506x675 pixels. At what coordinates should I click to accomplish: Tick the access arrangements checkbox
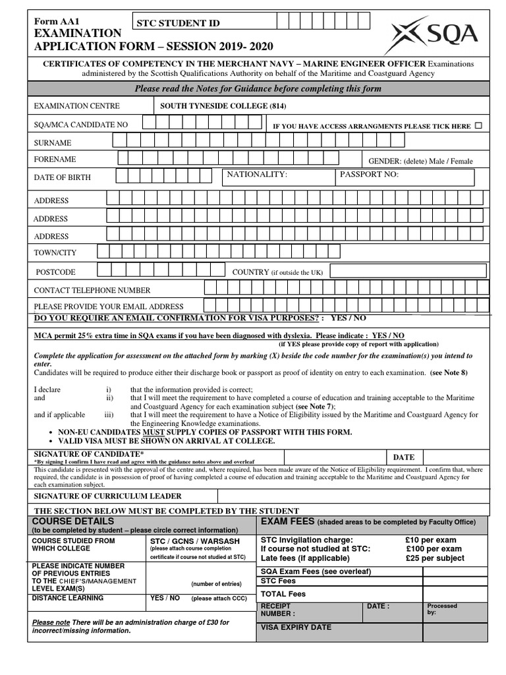[x=478, y=125]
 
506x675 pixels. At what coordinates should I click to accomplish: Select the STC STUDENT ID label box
[x=203, y=23]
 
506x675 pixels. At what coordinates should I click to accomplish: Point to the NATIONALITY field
[x=277, y=177]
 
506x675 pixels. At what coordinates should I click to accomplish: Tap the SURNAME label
[x=53, y=143]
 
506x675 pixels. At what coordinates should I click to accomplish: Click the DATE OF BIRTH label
[x=63, y=177]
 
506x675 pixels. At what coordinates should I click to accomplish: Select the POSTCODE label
[x=55, y=272]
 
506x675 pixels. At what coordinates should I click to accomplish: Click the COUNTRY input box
[x=408, y=272]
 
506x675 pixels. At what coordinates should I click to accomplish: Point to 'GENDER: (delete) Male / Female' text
[x=420, y=161]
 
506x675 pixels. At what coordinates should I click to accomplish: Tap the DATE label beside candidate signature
[x=404, y=457]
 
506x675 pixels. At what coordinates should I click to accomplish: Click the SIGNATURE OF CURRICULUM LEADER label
[x=107, y=496]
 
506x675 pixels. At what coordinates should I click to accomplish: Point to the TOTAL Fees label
[x=283, y=593]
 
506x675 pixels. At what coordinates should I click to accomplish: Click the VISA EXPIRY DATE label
[x=296, y=628]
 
